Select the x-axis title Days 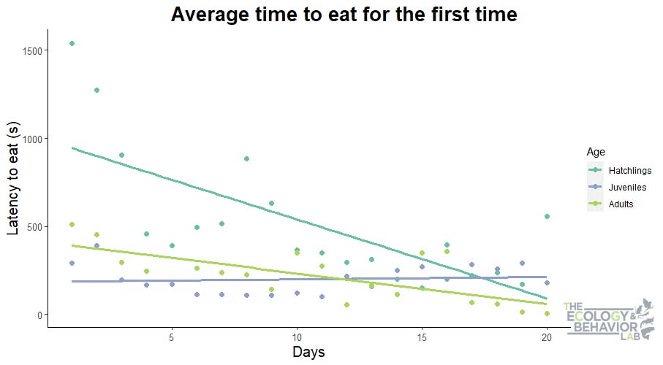pyautogui.click(x=308, y=352)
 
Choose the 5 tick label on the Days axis pyautogui.click(x=172, y=337)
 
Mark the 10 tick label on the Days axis pyautogui.click(x=297, y=337)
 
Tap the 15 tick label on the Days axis pyautogui.click(x=422, y=337)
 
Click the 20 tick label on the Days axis pyautogui.click(x=547, y=337)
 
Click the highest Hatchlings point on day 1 pyautogui.click(x=72, y=44)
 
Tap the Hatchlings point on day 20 pyautogui.click(x=547, y=217)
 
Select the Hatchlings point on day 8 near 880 pyautogui.click(x=247, y=158)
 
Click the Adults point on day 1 pyautogui.click(x=72, y=224)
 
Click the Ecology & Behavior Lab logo pyautogui.click(x=608, y=320)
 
